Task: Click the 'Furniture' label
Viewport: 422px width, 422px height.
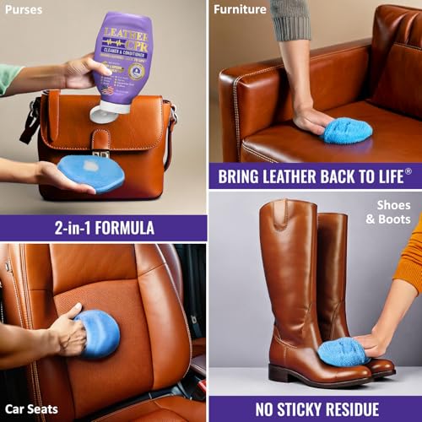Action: coord(240,11)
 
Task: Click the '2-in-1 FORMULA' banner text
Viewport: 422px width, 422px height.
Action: coord(103,227)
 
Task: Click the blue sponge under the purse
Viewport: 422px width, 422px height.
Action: coord(91,172)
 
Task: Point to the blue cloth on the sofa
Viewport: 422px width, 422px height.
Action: coord(346,130)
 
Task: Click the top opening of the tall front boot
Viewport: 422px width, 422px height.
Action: coord(287,207)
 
